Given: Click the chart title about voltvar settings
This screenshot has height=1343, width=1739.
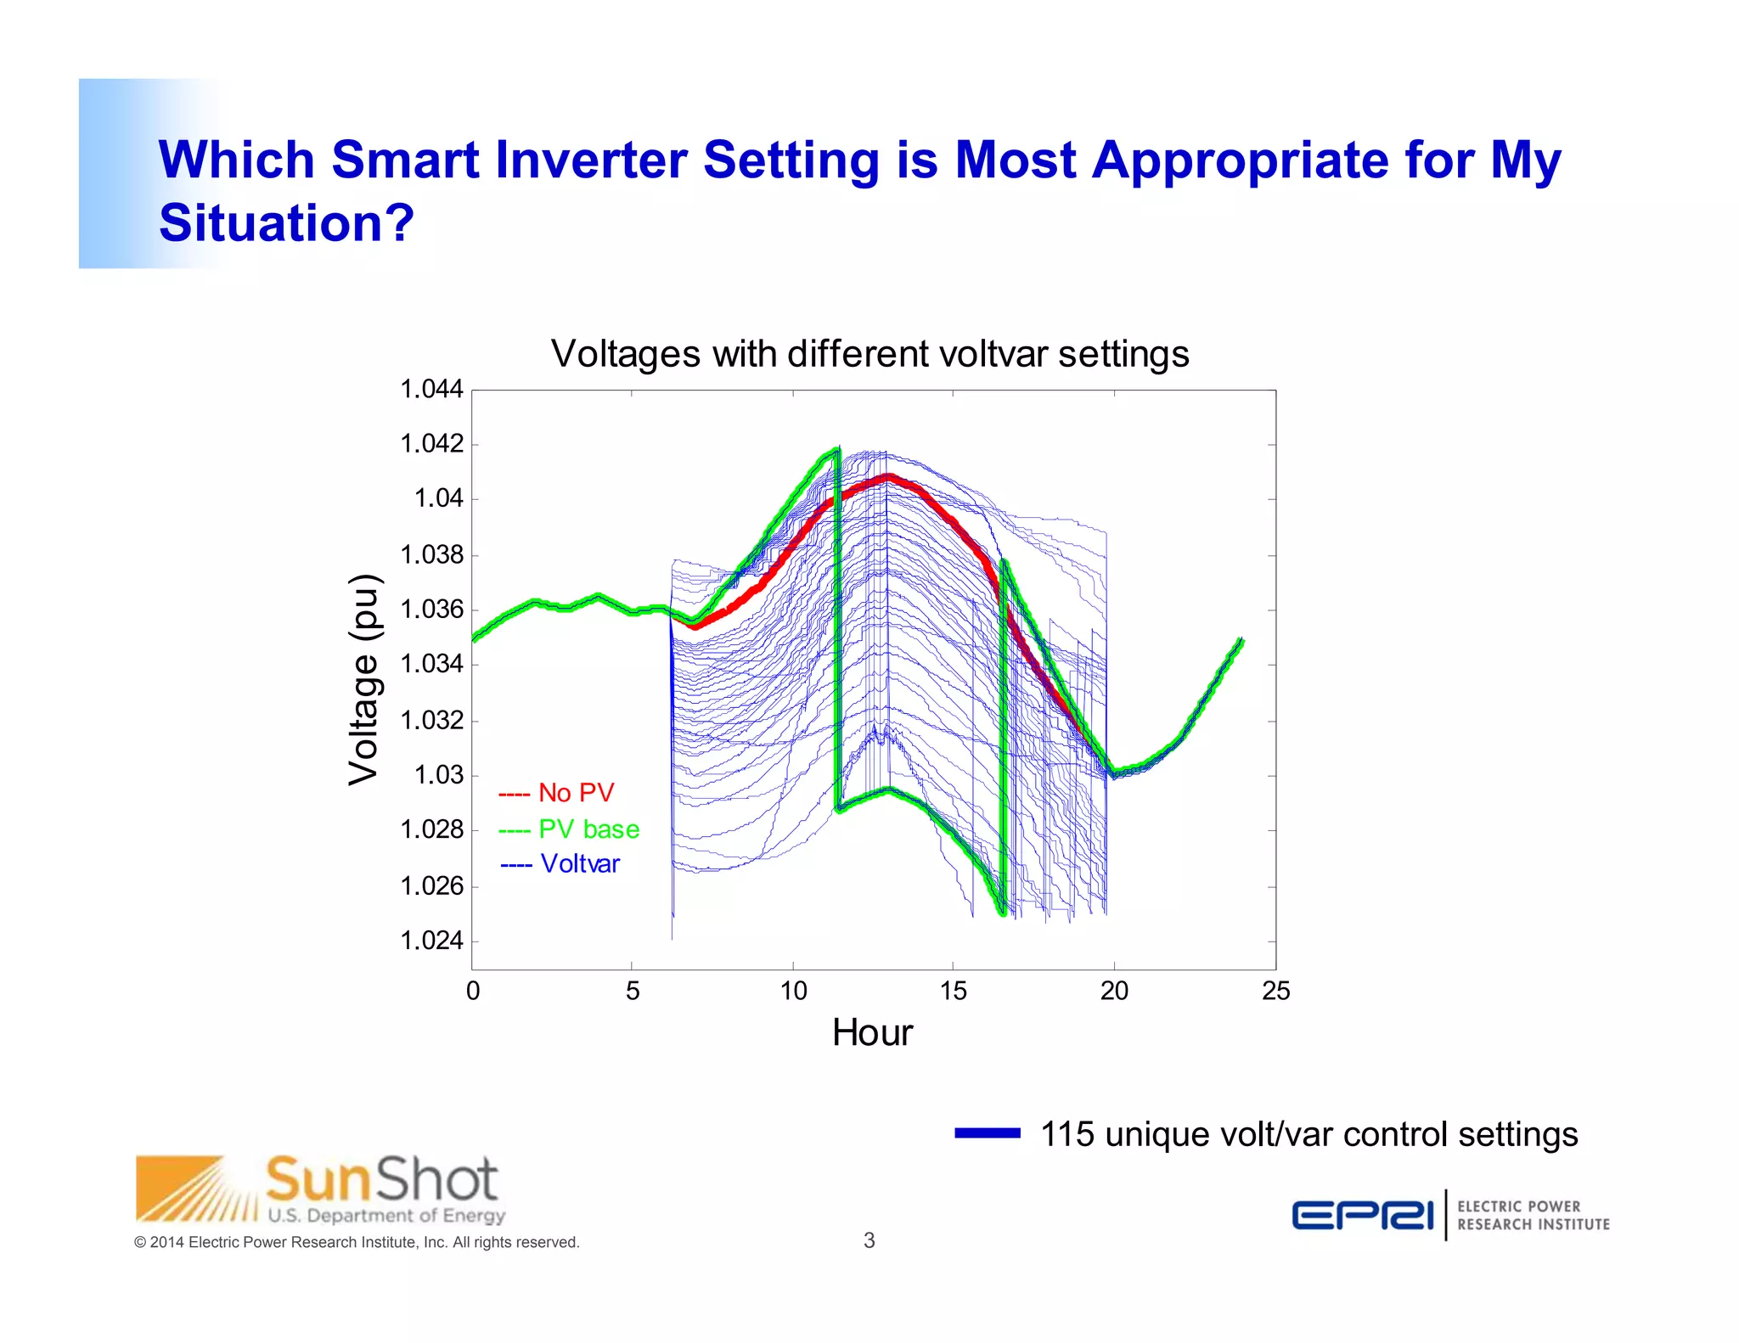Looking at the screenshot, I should click(x=869, y=354).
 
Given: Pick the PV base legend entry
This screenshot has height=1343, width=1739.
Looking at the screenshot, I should click(x=569, y=829).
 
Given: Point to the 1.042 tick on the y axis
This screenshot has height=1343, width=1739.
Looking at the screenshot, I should click(x=431, y=444).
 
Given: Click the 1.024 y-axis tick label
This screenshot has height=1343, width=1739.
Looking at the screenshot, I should click(x=431, y=941).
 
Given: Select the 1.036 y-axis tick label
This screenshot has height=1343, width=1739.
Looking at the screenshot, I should click(x=431, y=610).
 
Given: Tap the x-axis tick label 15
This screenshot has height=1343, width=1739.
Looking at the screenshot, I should click(x=953, y=991).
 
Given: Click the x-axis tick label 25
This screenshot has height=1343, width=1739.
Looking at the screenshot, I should click(x=1275, y=991).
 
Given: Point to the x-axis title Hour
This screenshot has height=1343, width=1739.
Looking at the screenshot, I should click(x=872, y=1033).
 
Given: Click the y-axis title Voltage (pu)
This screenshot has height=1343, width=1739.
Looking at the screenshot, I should click(x=364, y=679).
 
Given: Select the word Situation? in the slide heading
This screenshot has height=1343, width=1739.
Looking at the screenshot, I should click(x=286, y=223).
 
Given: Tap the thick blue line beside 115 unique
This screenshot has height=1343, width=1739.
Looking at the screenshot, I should click(x=987, y=1133).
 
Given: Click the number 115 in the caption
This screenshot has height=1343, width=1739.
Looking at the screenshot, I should click(x=1067, y=1135).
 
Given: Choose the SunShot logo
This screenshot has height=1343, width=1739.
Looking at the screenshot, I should click(x=321, y=1189).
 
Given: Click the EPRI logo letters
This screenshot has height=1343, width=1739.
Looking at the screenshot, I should click(x=1362, y=1215).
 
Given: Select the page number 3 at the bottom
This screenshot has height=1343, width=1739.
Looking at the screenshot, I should click(x=869, y=1240).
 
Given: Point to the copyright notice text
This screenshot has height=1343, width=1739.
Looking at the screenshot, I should click(x=357, y=1243).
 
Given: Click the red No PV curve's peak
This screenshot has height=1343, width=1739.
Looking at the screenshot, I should click(x=889, y=477).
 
